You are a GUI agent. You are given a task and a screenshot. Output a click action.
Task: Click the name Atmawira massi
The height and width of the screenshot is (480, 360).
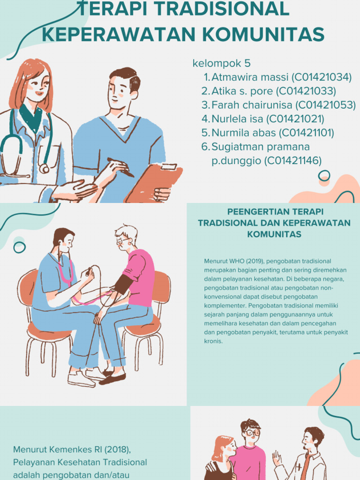(249, 77)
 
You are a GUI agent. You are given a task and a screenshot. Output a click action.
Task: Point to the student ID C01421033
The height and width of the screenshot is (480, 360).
(306, 91)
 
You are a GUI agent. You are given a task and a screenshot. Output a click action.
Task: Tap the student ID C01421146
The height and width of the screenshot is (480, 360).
(293, 161)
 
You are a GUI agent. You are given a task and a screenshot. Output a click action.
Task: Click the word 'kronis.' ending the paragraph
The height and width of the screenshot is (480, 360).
(213, 341)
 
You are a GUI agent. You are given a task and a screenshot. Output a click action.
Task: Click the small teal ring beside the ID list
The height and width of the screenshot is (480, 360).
(324, 176)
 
